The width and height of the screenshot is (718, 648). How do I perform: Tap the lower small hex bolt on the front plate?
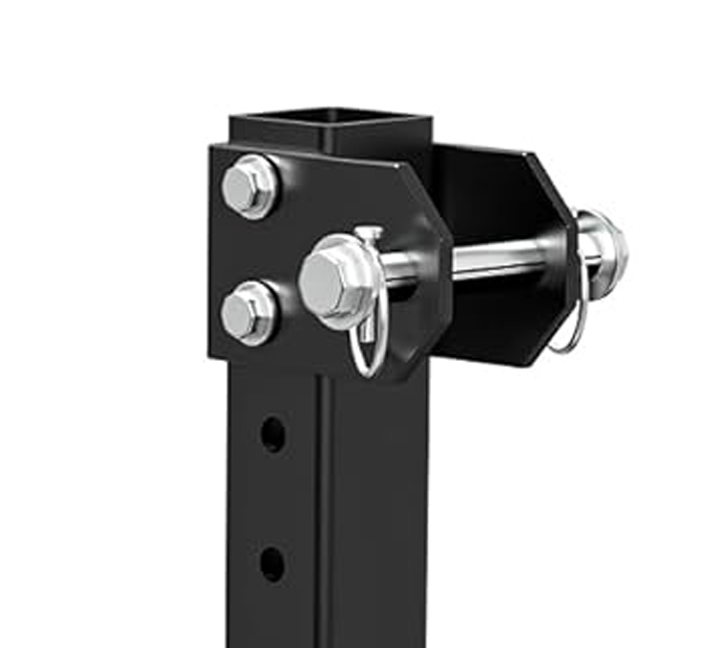pos(248,313)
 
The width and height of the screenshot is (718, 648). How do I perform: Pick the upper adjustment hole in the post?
pos(272,434)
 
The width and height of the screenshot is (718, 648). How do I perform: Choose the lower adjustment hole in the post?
pos(272,563)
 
